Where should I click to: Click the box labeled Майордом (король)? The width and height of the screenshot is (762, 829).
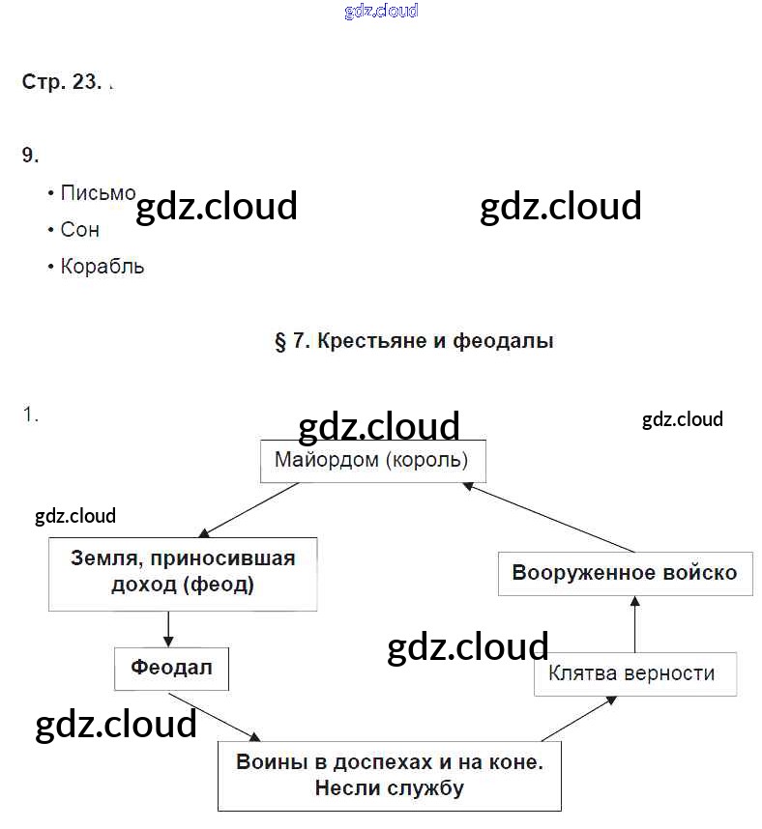pyautogui.click(x=372, y=461)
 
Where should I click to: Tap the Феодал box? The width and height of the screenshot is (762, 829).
pyautogui.click(x=171, y=668)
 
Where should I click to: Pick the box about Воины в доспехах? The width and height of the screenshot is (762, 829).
pyautogui.click(x=389, y=775)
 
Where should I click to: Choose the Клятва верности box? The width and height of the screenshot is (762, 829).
pyautogui.click(x=634, y=673)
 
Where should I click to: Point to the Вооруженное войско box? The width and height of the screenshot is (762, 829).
pyautogui.click(x=624, y=573)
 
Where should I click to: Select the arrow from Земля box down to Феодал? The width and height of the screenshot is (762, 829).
pyautogui.click(x=169, y=629)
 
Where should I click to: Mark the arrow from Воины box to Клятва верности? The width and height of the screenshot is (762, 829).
pyautogui.click(x=580, y=718)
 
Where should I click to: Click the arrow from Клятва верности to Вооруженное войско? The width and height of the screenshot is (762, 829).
pyautogui.click(x=635, y=624)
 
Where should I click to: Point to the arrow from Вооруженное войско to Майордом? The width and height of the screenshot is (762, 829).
pyautogui.click(x=551, y=517)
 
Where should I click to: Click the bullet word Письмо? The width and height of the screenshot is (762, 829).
pyautogui.click(x=98, y=193)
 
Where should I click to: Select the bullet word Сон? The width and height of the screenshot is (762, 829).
pyautogui.click(x=79, y=230)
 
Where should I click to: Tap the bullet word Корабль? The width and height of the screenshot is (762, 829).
pyautogui.click(x=102, y=267)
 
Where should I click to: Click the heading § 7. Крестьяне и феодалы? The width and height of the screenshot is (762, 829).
pyautogui.click(x=414, y=341)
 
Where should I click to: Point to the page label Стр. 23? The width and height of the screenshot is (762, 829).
pyautogui.click(x=61, y=82)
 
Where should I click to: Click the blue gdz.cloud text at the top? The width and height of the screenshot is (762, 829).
pyautogui.click(x=381, y=12)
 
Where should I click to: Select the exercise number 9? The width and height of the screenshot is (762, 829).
pyautogui.click(x=30, y=155)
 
